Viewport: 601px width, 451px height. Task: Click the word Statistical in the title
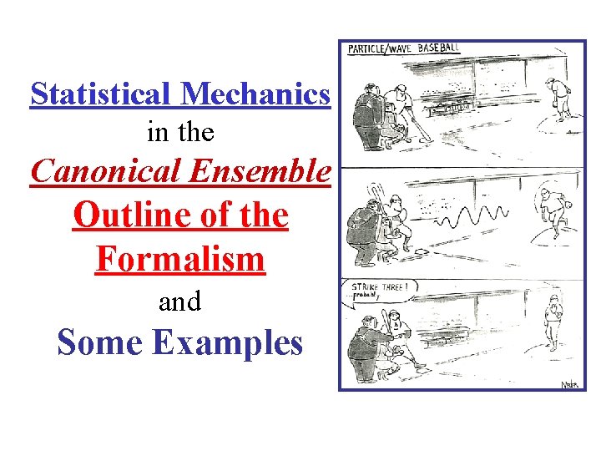101,94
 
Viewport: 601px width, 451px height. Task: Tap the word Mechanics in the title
255,94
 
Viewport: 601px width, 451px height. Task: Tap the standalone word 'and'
179,302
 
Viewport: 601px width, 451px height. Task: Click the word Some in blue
97,342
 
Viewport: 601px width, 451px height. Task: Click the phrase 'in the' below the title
179,132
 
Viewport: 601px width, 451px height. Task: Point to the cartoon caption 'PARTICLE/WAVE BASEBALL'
403,48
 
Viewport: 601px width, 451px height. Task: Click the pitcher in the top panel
555,99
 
